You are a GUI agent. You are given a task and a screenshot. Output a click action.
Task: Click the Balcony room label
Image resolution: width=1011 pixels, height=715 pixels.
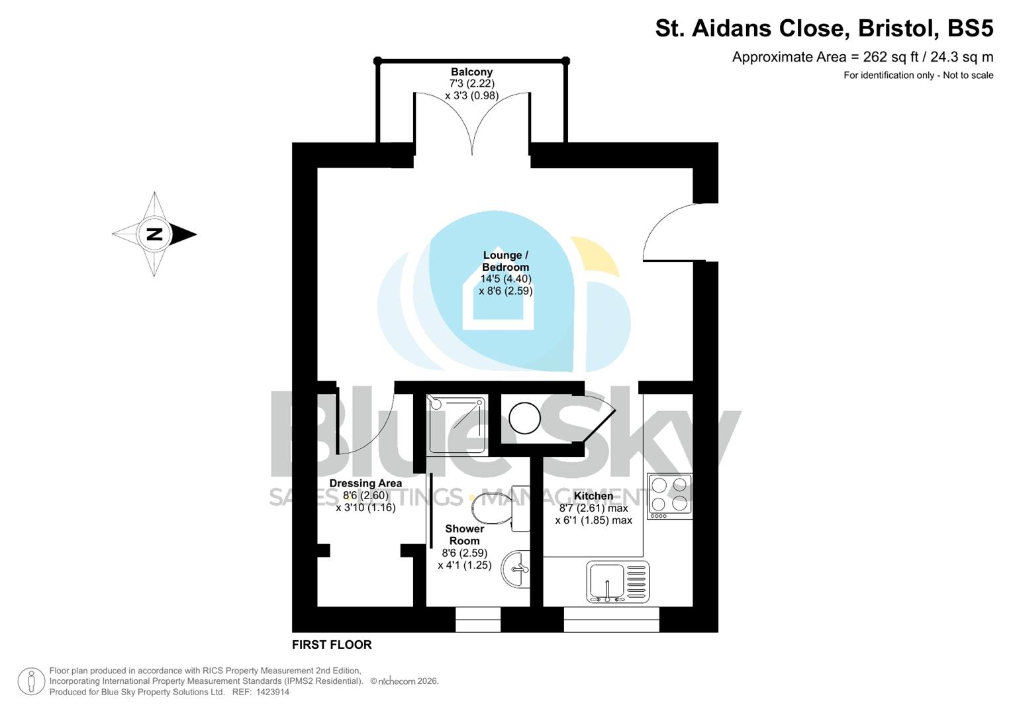471,72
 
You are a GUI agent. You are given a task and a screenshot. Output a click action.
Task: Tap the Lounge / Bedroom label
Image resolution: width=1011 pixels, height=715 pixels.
505,261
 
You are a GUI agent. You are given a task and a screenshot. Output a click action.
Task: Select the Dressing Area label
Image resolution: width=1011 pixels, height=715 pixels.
365,483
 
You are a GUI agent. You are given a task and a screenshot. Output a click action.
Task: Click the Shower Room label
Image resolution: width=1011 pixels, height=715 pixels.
464,534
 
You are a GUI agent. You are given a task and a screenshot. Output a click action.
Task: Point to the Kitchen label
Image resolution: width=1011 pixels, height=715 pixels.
593,496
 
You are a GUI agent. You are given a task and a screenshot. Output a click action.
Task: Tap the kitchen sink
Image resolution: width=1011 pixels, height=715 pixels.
618,582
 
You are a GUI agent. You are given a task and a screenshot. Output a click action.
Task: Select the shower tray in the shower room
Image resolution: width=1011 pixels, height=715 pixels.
457,423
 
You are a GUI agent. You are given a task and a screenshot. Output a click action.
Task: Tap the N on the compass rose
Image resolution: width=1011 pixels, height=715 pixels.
154,234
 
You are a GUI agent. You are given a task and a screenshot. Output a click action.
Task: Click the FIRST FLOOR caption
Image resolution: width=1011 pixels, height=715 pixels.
332,645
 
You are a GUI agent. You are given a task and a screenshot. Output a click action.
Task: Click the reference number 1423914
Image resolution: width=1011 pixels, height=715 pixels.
271,692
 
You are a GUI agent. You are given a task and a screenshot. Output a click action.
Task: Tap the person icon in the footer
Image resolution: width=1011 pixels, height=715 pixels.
31,681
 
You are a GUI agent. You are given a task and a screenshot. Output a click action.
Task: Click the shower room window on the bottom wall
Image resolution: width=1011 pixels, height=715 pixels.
478,620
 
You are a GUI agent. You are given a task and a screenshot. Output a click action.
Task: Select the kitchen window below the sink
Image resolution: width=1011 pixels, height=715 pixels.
611,620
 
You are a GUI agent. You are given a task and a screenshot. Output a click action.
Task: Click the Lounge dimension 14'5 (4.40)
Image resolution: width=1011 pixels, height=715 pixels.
506,279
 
